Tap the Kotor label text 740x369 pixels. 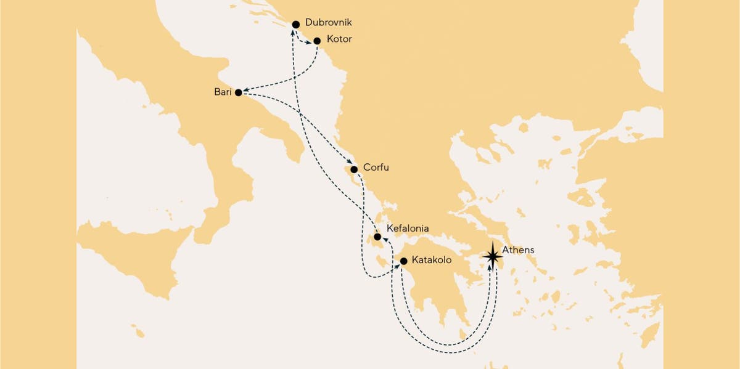click(x=339, y=40)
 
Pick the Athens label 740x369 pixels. click(x=517, y=250)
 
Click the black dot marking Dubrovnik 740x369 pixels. click(x=295, y=24)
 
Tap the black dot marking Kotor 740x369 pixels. click(x=317, y=41)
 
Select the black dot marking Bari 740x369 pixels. click(x=239, y=94)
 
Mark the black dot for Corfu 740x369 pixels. click(x=354, y=169)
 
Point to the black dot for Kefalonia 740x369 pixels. click(x=377, y=237)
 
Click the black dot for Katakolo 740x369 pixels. click(x=403, y=261)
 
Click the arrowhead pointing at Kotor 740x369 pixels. click(x=310, y=43)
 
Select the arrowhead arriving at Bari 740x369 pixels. click(x=246, y=91)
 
